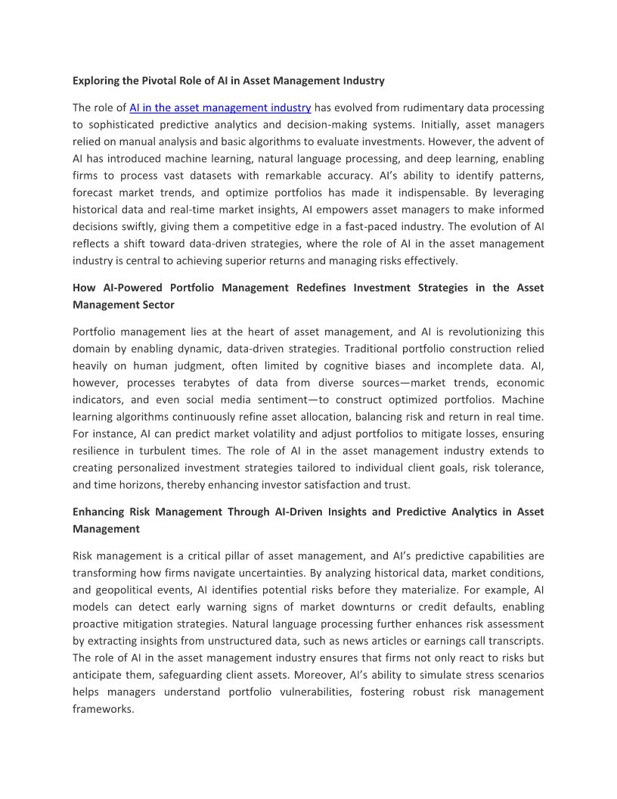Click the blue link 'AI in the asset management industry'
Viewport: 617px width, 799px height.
[220, 108]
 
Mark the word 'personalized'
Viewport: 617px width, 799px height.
[144, 468]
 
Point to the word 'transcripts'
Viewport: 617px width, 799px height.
[514, 641]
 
